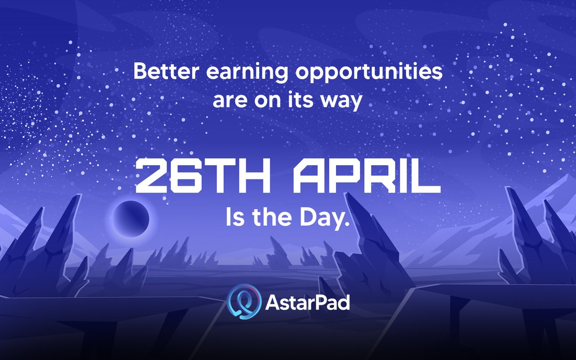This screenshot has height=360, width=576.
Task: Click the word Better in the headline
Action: (161, 72)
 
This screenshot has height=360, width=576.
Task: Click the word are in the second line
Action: (231, 101)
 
